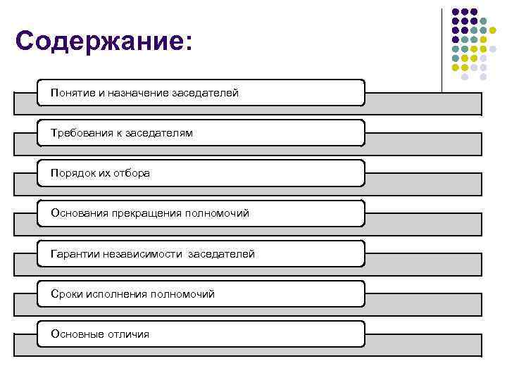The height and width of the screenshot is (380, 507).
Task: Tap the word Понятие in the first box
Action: pyautogui.click(x=73, y=93)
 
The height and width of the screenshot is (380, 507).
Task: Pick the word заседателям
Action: pyautogui.click(x=159, y=133)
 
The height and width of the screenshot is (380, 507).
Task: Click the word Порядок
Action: pyautogui.click(x=70, y=173)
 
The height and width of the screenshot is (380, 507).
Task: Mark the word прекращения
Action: pyautogui.click(x=145, y=213)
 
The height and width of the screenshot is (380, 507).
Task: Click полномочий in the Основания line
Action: pyautogui.click(x=217, y=213)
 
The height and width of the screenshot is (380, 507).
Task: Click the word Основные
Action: pyautogui.click(x=75, y=334)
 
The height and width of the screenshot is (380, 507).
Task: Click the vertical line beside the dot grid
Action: pyautogui.click(x=442, y=49)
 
